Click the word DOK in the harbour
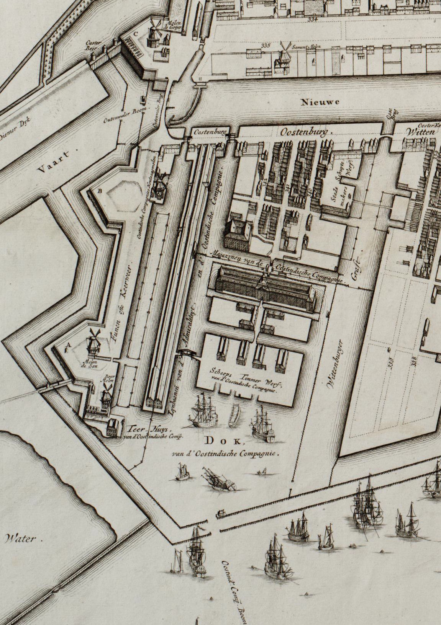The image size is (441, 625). [x=224, y=441]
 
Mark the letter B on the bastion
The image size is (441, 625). [x=100, y=190]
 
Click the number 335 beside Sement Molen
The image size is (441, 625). [x=266, y=46]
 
